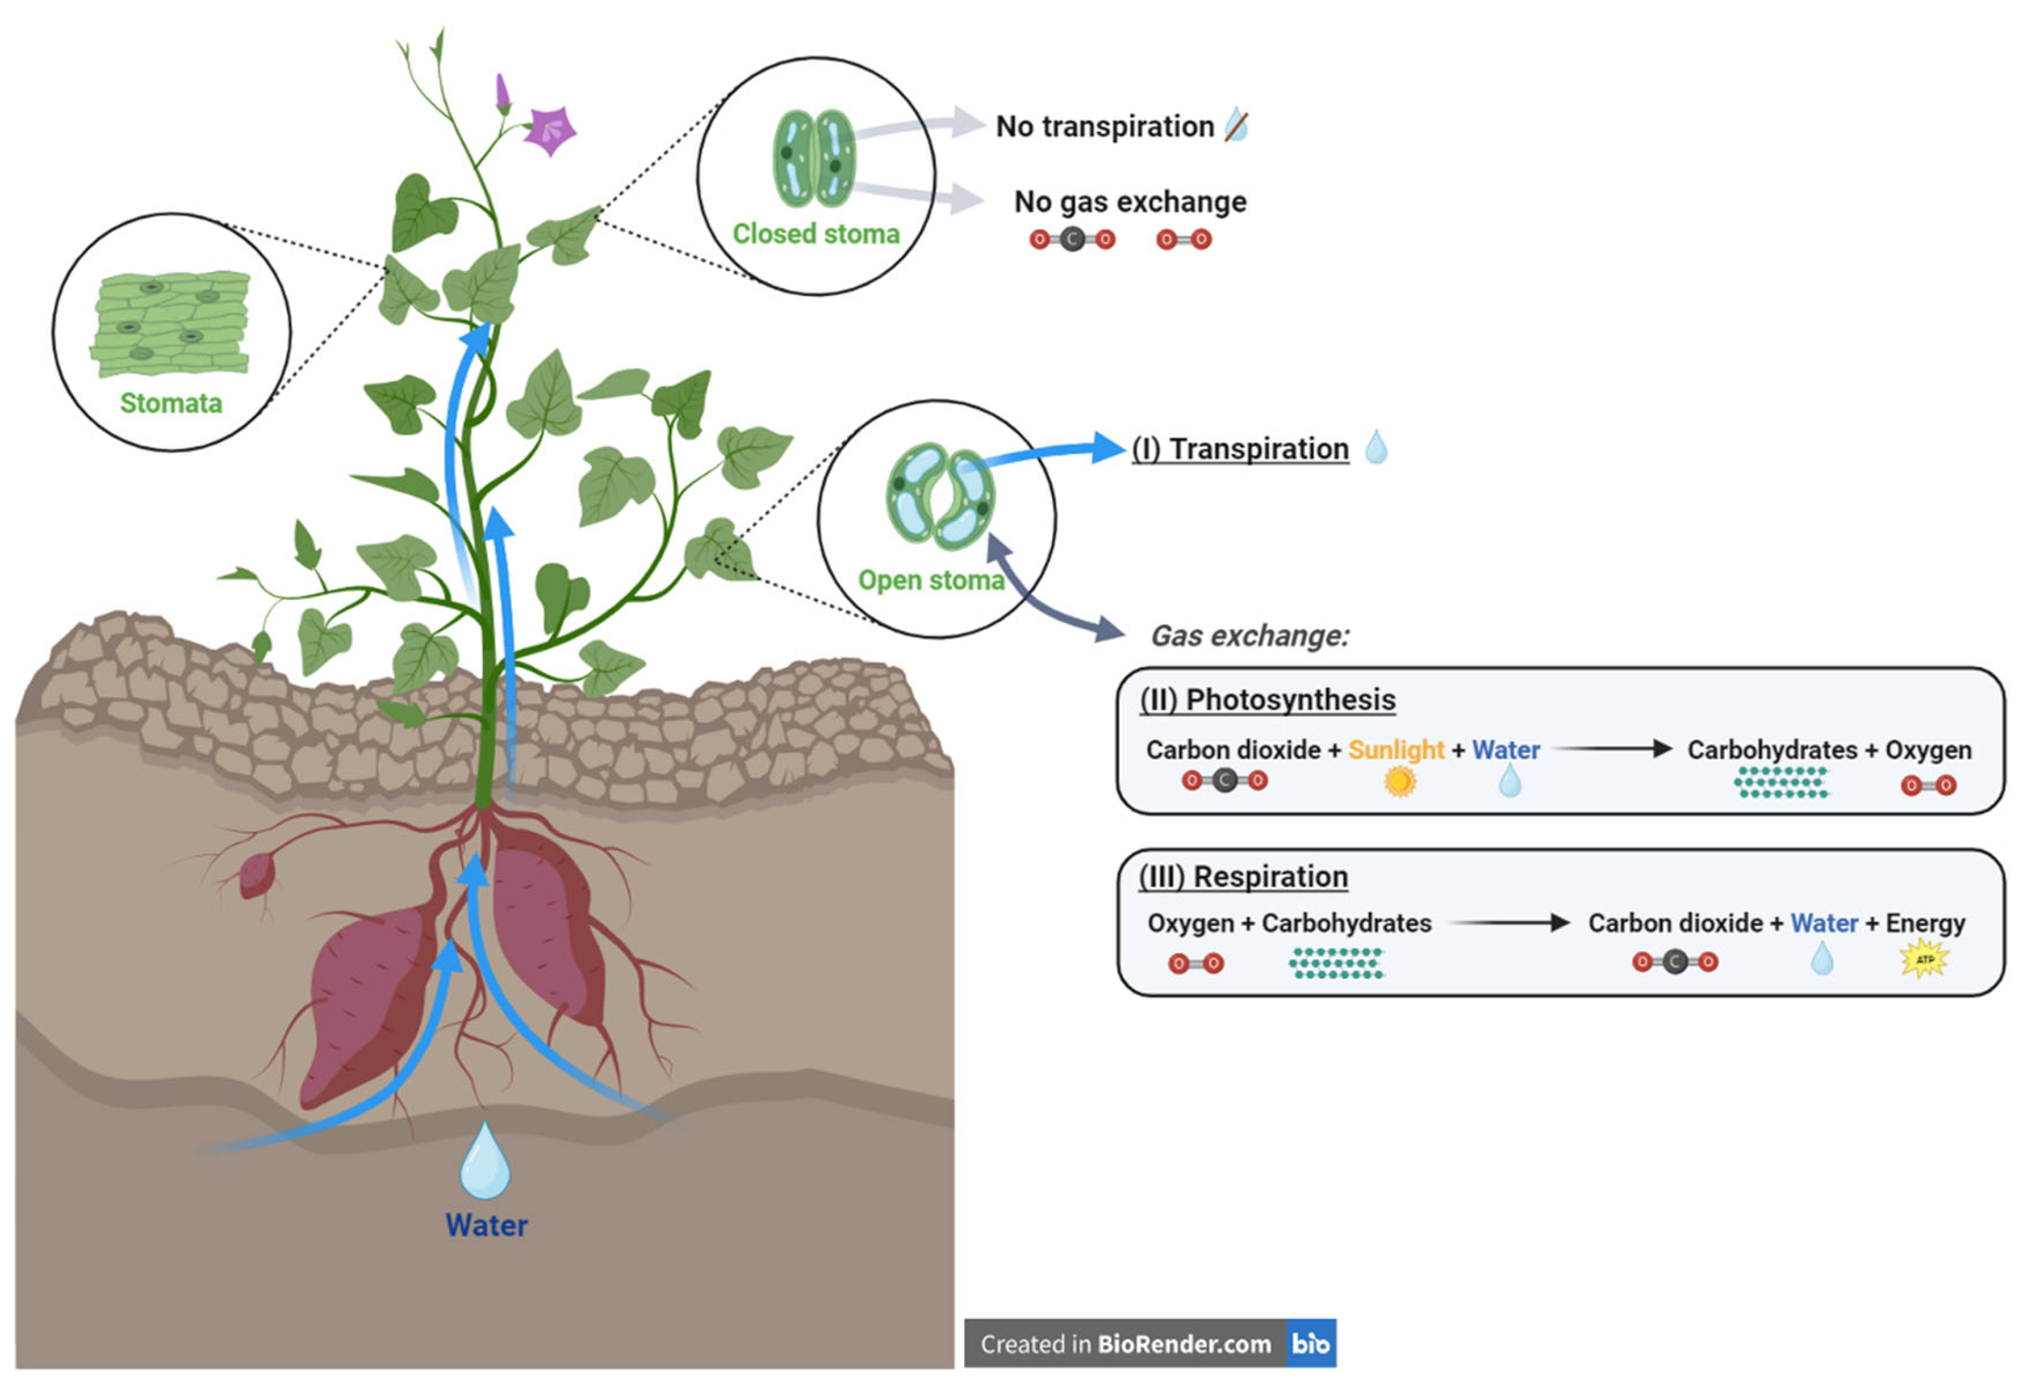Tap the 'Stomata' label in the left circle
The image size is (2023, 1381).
pos(171,403)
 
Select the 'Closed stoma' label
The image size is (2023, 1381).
pos(816,233)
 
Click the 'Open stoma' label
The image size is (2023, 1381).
pos(931,580)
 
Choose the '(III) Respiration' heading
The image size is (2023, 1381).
pos(1243,877)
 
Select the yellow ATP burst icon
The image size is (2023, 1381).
pos(1924,960)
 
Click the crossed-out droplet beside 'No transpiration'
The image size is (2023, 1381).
pos(1237,126)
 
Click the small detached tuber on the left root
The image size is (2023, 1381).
pos(257,875)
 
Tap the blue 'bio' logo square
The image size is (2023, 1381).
pos(1310,1343)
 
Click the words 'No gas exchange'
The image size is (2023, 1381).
pos(1130,202)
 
